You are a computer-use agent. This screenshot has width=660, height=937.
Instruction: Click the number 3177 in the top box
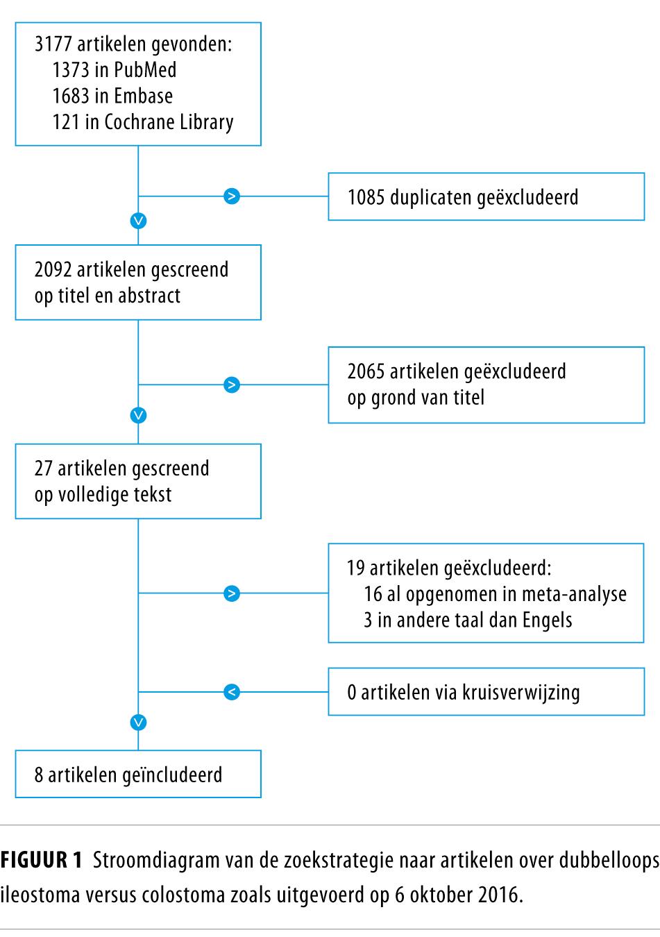pyautogui.click(x=53, y=44)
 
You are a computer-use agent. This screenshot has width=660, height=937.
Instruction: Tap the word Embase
pyautogui.click(x=143, y=96)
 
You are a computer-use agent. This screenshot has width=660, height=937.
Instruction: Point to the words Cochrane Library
pyautogui.click(x=169, y=123)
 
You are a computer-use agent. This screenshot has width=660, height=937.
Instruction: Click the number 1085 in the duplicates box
pyautogui.click(x=366, y=197)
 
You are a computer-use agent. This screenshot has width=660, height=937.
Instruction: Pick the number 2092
pyautogui.click(x=53, y=269)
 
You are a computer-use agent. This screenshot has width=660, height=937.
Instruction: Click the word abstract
pyautogui.click(x=149, y=296)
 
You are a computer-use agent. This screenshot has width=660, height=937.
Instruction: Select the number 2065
pyautogui.click(x=366, y=371)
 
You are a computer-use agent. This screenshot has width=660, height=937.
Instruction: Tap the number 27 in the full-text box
pyautogui.click(x=43, y=468)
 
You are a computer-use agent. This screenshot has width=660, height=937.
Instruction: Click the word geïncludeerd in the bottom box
pyautogui.click(x=172, y=775)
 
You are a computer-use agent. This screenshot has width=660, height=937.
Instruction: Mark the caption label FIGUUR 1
pyautogui.click(x=41, y=860)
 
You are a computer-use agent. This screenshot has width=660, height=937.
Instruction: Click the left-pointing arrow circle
pyautogui.click(x=232, y=692)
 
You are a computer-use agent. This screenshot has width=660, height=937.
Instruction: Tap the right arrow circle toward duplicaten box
pyautogui.click(x=232, y=196)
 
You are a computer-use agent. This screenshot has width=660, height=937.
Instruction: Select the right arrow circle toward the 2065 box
pyautogui.click(x=232, y=385)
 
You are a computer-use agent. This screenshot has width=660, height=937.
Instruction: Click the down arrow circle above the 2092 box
pyautogui.click(x=138, y=221)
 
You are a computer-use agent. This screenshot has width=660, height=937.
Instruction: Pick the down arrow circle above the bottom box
pyautogui.click(x=138, y=723)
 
